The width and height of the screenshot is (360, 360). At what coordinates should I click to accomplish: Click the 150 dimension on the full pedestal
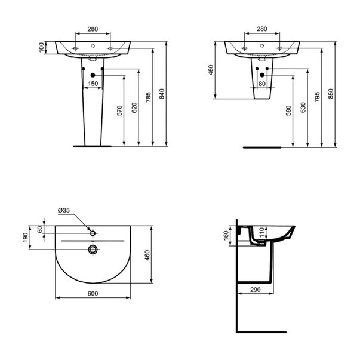[93, 84]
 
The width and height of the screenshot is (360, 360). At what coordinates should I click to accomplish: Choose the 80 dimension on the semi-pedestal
[262, 84]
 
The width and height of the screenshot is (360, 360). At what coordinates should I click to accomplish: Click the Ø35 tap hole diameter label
[64, 211]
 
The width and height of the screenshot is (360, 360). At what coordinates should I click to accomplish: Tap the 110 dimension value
[260, 232]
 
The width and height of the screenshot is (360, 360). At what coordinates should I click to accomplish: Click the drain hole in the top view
[93, 249]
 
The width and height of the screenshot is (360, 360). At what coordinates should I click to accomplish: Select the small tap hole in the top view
[93, 230]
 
